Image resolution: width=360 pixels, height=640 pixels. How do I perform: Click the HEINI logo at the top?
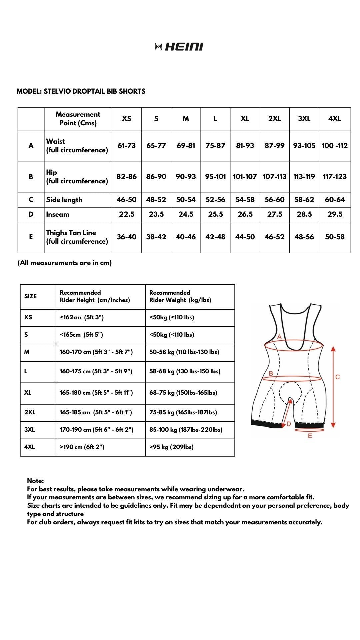179,47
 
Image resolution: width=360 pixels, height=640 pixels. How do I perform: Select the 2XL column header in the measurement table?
274,119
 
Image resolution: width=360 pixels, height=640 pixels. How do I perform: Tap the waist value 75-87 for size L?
215,146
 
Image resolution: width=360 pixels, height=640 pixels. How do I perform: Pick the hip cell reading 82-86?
126,177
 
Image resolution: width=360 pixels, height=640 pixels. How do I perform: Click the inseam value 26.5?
245,214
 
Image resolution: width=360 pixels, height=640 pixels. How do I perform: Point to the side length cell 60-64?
335,200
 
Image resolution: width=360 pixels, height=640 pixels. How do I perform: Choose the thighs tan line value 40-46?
186,237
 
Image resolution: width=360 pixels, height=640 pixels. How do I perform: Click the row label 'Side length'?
64,200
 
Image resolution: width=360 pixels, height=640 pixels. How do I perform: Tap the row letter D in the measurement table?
31,214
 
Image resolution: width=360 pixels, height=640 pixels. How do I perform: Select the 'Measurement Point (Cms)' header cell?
78,119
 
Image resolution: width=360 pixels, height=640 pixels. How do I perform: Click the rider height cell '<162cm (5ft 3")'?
82,317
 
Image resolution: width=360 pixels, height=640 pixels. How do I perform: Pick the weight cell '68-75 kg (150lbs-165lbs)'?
183,393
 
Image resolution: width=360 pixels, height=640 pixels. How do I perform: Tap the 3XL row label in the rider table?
29,430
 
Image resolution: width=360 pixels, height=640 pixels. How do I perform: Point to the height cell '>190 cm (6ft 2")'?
82,447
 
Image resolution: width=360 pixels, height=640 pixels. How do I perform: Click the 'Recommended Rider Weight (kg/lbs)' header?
180,296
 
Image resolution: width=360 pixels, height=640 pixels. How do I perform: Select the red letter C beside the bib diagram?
338,377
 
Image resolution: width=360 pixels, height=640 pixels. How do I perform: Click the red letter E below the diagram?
310,436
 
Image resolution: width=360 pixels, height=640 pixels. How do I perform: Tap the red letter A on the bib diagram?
279,337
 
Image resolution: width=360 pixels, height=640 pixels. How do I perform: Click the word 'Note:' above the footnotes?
35,481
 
